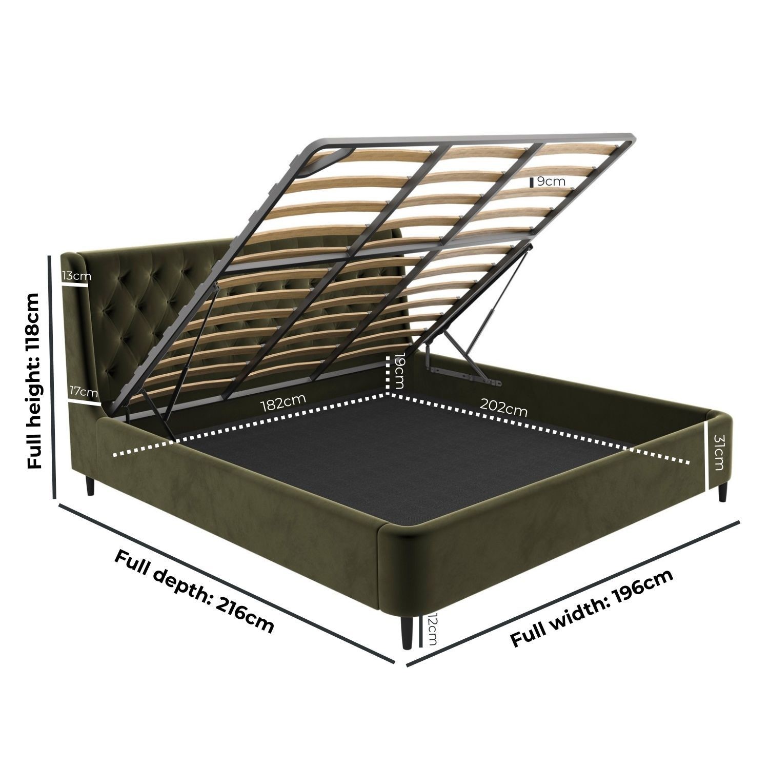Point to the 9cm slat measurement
(551, 181)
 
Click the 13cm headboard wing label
(76, 275)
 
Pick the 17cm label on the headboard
(84, 392)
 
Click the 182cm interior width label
(284, 402)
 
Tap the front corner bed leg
(407, 631)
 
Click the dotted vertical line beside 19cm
(388, 372)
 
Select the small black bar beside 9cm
(532, 181)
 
